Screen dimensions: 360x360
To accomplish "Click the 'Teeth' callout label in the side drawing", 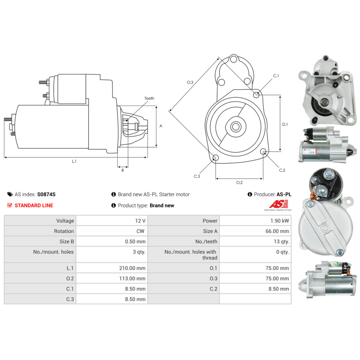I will click(149, 98).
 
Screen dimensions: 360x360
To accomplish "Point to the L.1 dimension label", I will click(74, 161).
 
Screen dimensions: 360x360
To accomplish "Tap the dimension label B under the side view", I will click(122, 170).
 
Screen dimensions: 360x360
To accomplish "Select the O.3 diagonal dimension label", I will click(190, 82).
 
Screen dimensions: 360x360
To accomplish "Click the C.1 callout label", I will click(276, 76).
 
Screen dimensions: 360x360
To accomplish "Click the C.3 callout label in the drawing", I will click(197, 176).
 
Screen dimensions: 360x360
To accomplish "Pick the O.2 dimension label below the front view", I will click(239, 183).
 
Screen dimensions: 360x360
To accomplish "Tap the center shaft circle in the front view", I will click(236, 126).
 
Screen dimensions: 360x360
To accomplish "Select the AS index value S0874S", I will click(46, 194).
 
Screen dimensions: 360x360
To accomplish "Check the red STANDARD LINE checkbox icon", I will click(10, 206).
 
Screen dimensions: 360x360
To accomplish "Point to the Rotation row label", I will click(64, 231).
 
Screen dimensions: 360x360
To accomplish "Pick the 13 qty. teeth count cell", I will click(282, 242).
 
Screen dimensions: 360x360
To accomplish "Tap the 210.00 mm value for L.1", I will click(133, 268).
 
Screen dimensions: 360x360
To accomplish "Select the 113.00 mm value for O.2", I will click(133, 278).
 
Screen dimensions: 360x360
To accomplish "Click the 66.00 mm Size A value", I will click(277, 231).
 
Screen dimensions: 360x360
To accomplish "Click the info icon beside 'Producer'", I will click(250, 194).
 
